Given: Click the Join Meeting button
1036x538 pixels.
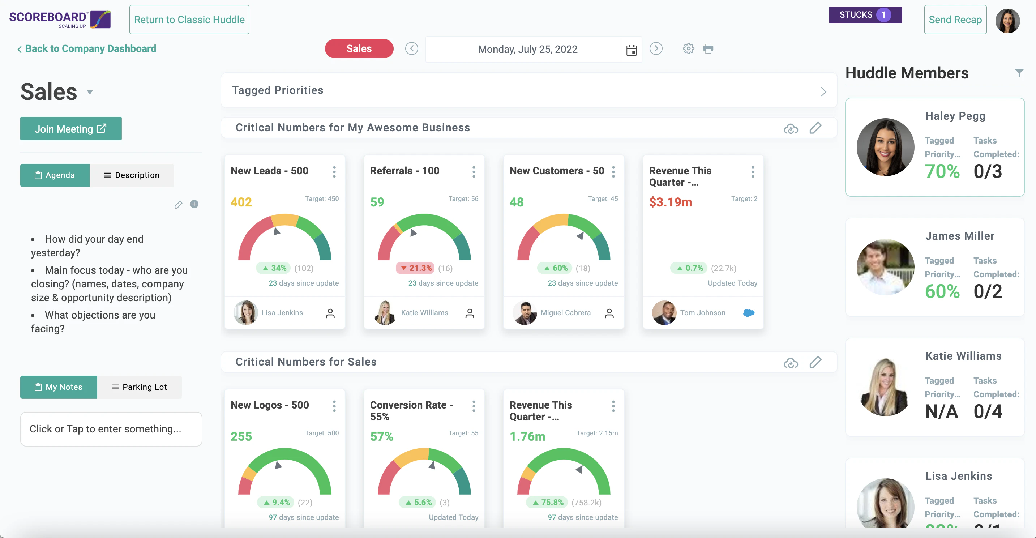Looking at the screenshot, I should [x=71, y=129].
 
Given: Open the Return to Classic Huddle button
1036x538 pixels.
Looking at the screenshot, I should [x=189, y=20].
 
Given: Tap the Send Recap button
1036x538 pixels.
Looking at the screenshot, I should [x=955, y=20].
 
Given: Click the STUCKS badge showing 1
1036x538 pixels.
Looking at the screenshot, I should [x=865, y=15].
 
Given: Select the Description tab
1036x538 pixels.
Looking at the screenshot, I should [x=132, y=175].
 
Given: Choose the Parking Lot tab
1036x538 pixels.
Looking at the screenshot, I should [x=139, y=387].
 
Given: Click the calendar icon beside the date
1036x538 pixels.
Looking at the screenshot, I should [x=632, y=50].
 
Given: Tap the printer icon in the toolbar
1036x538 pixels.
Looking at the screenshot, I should [x=708, y=49].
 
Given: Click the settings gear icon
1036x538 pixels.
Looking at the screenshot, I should [x=688, y=49].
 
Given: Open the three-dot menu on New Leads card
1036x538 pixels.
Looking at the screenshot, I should [x=334, y=172].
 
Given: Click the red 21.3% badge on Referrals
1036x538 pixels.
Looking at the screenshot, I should [x=415, y=268].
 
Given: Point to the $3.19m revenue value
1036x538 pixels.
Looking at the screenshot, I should [x=671, y=202].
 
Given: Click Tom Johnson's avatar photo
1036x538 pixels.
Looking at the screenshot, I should [x=664, y=313].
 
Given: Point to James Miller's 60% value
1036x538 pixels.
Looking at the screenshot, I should [x=942, y=291].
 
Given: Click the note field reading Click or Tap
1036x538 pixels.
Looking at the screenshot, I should [x=111, y=429].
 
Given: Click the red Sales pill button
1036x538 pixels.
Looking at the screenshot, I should [x=359, y=49].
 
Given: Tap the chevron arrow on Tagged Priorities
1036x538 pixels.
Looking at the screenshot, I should [x=823, y=92].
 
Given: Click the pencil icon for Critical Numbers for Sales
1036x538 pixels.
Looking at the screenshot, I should [x=815, y=362].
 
